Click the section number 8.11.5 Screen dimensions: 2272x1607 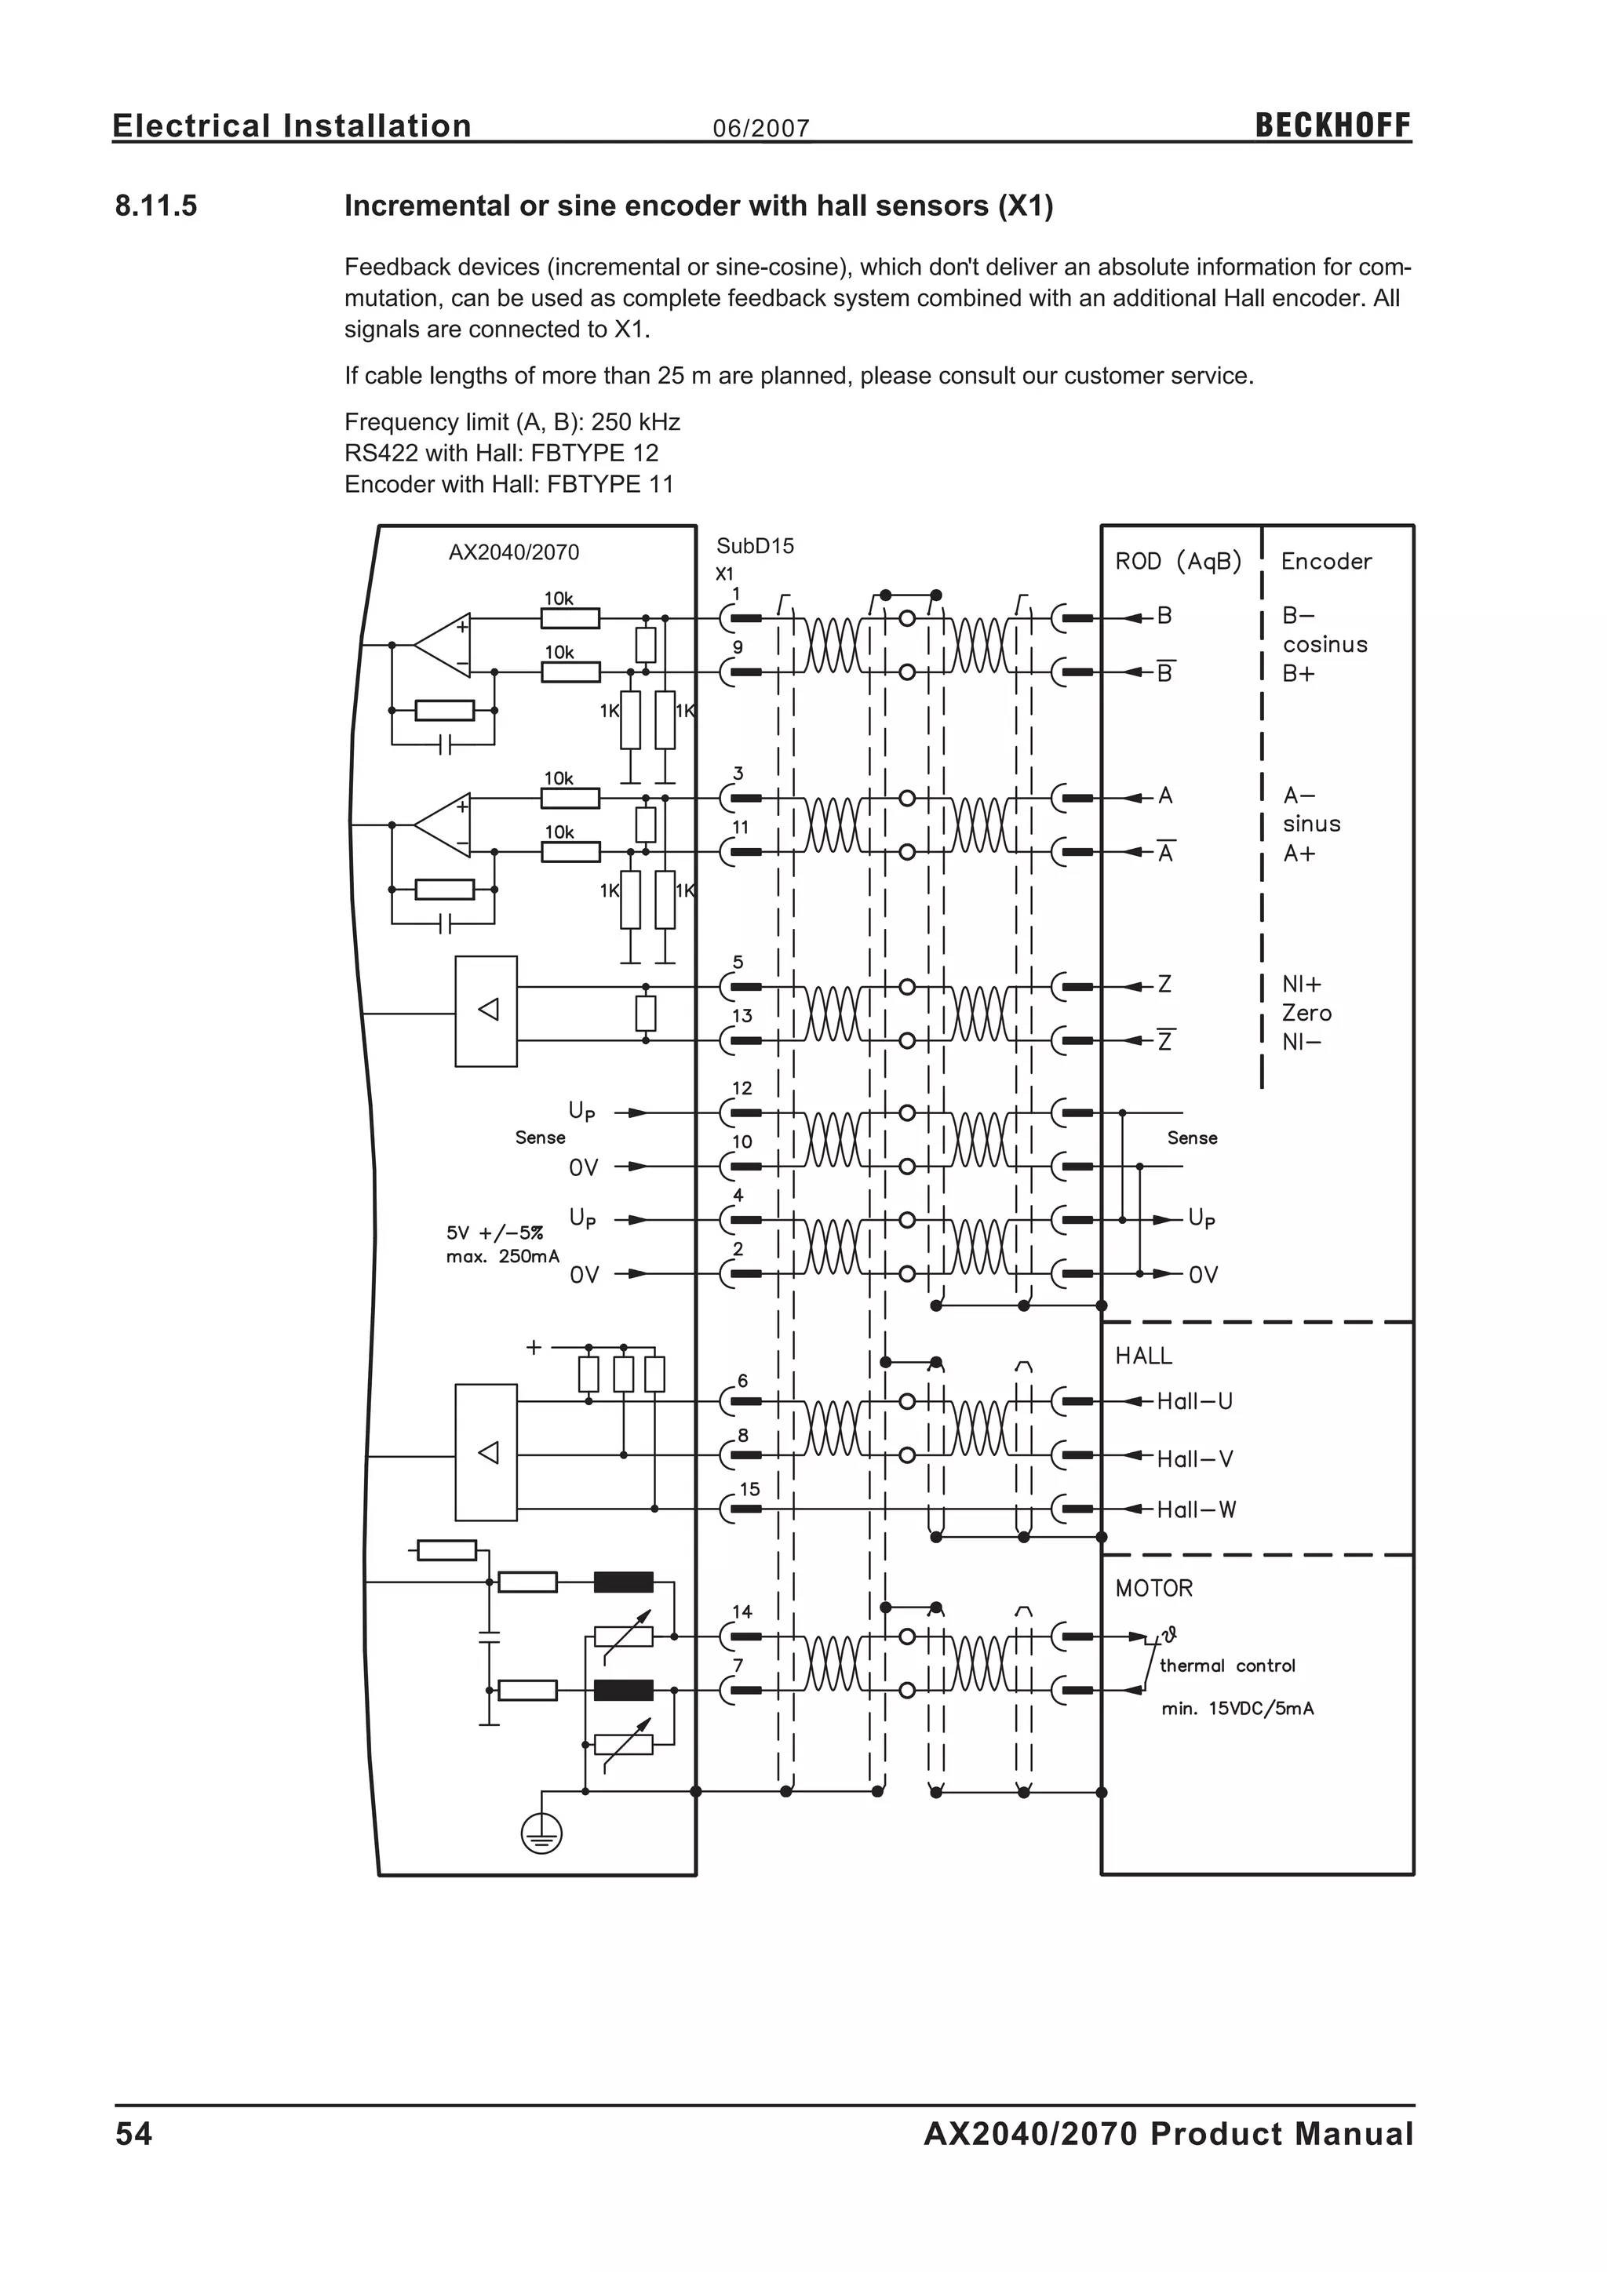click(156, 206)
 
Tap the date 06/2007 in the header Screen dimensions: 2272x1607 click(761, 129)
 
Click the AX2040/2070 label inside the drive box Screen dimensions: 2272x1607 click(514, 552)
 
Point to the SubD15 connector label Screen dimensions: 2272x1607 click(755, 546)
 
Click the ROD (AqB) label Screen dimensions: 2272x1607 click(1178, 561)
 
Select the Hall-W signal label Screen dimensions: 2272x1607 click(1197, 1509)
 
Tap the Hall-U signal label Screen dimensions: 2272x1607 click(1194, 1400)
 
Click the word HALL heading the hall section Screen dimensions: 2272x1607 click(1143, 1356)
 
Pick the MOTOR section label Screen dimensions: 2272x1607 click(1153, 1588)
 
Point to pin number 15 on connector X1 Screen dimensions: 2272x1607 click(749, 1489)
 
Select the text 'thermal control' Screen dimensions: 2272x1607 click(1227, 1666)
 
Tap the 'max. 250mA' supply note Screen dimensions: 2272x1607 click(503, 1257)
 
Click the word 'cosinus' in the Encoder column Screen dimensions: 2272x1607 click(1325, 644)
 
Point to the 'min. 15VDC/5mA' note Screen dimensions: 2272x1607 click(1237, 1709)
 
